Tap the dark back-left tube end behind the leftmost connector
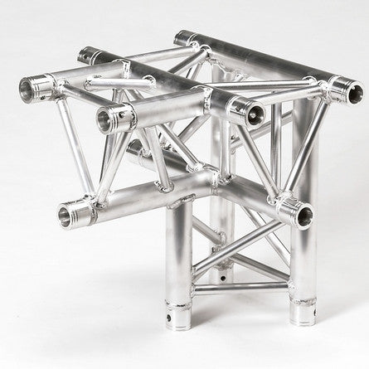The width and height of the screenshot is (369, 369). click(x=86, y=56)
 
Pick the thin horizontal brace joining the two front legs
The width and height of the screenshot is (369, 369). click(x=240, y=286)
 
